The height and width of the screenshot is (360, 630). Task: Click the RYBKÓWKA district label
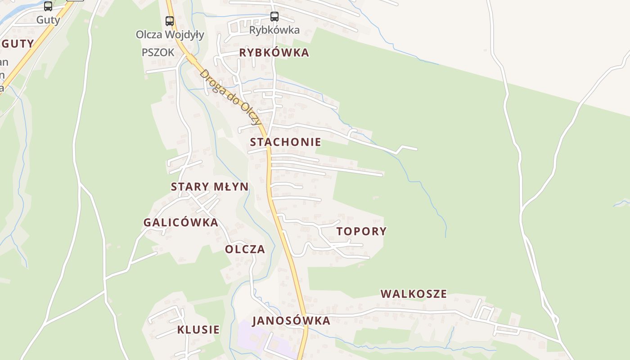[x=274, y=53]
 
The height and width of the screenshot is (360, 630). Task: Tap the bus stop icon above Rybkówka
[x=274, y=17]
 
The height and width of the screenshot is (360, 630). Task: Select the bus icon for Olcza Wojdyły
[x=170, y=21]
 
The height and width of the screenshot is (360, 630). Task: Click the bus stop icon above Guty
[x=48, y=6]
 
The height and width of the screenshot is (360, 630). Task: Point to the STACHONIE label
[x=285, y=142]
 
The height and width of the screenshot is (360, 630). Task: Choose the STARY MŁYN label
[x=209, y=187]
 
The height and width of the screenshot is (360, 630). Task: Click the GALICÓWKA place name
[x=180, y=222]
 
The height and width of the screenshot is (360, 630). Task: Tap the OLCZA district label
[x=245, y=249]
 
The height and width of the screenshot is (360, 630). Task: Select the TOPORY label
[x=361, y=231]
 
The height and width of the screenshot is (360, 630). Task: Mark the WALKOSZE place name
[x=414, y=294]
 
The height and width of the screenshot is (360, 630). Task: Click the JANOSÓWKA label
[x=291, y=321]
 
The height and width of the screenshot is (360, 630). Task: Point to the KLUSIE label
[x=198, y=329]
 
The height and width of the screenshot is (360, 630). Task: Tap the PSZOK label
[x=157, y=52]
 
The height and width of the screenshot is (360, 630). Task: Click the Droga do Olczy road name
[x=230, y=97]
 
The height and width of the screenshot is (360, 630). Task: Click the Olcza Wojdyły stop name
[x=170, y=35]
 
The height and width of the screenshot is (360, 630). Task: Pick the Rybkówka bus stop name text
[x=274, y=30]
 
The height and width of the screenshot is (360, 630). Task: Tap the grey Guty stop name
[x=48, y=20]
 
